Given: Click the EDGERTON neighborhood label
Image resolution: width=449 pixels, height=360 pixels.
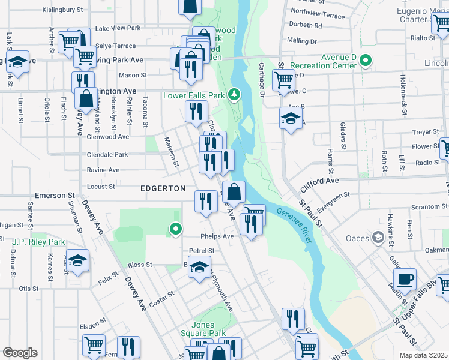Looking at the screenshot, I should (x=163, y=188).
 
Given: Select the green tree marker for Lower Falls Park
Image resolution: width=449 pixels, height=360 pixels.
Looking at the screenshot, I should (x=237, y=95).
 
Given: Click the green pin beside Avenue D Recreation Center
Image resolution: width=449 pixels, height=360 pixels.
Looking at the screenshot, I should (x=366, y=61).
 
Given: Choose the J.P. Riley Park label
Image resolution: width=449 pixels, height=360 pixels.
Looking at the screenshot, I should (x=38, y=242).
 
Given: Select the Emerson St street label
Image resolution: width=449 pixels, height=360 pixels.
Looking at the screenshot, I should (x=54, y=196).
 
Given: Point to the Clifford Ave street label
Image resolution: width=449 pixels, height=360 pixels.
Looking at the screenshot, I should (x=316, y=181).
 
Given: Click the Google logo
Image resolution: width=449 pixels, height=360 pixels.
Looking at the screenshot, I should (x=20, y=353).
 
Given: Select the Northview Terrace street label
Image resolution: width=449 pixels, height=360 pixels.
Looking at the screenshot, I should (x=318, y=13).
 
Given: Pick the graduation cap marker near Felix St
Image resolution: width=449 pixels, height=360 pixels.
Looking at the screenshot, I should (x=77, y=261).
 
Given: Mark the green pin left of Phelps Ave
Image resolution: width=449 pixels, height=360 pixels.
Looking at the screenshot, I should (x=175, y=229).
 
